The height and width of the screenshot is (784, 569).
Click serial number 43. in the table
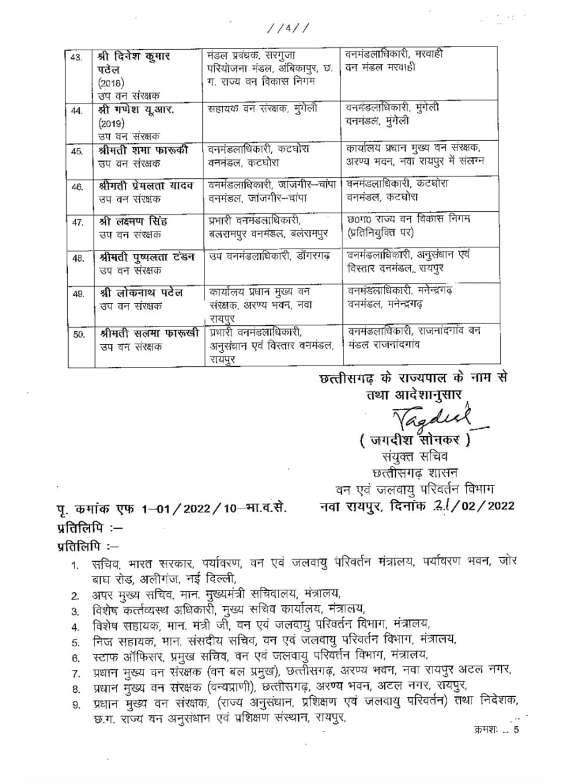click(77, 58)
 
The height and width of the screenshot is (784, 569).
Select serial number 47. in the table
click(77, 222)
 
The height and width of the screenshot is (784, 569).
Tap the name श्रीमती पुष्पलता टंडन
click(146, 257)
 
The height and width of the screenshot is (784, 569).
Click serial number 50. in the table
click(78, 334)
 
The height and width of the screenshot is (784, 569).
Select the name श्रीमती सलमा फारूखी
click(147, 334)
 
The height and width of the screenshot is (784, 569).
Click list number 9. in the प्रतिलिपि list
click(76, 704)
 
